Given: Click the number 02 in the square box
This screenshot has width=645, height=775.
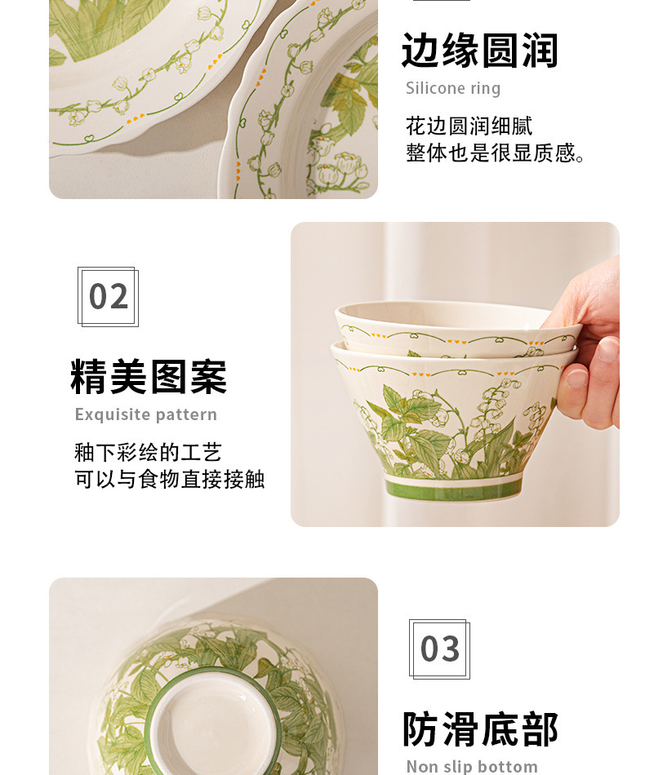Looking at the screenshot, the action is tap(109, 297).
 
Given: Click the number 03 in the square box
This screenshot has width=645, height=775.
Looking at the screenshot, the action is tap(440, 649).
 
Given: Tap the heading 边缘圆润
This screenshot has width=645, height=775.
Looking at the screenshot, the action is tap(479, 51).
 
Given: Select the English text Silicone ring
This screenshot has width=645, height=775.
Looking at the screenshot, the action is tap(453, 88).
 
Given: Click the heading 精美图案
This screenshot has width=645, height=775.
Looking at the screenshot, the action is tap(149, 377).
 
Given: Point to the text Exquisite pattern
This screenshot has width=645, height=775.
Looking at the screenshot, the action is tap(146, 414).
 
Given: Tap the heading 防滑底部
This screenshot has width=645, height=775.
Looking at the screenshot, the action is tap(480, 729).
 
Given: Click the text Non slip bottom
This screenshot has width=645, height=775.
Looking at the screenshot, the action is tap(472, 766).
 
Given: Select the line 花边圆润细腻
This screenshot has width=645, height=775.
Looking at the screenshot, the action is tap(469, 126).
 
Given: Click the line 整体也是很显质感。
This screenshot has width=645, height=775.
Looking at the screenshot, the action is tap(495, 153).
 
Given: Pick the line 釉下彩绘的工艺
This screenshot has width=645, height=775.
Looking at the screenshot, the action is tap(148, 452).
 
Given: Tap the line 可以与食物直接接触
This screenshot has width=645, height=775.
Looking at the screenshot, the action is tap(170, 479).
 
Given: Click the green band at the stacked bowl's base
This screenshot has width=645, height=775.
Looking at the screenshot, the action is tap(453, 489).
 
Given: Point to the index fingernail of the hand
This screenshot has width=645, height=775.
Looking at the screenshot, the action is tap(607, 349).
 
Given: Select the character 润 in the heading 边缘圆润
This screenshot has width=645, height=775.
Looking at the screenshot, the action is tap(540, 51).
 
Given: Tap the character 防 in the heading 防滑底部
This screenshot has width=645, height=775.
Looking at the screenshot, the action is tap(420, 729).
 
